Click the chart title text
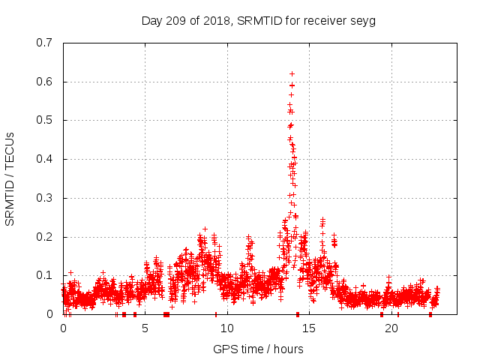pyautogui.click(x=258, y=20)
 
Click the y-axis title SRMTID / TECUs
pyautogui.click(x=10, y=178)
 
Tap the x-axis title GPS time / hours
pyautogui.click(x=258, y=349)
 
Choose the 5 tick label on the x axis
pyautogui.click(x=145, y=328)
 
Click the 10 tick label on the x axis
pyautogui.click(x=226, y=328)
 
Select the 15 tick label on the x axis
pyautogui.click(x=309, y=328)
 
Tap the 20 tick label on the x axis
pyautogui.click(x=391, y=328)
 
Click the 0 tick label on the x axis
pyautogui.click(x=63, y=328)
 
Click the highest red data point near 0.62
pyautogui.click(x=292, y=73)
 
